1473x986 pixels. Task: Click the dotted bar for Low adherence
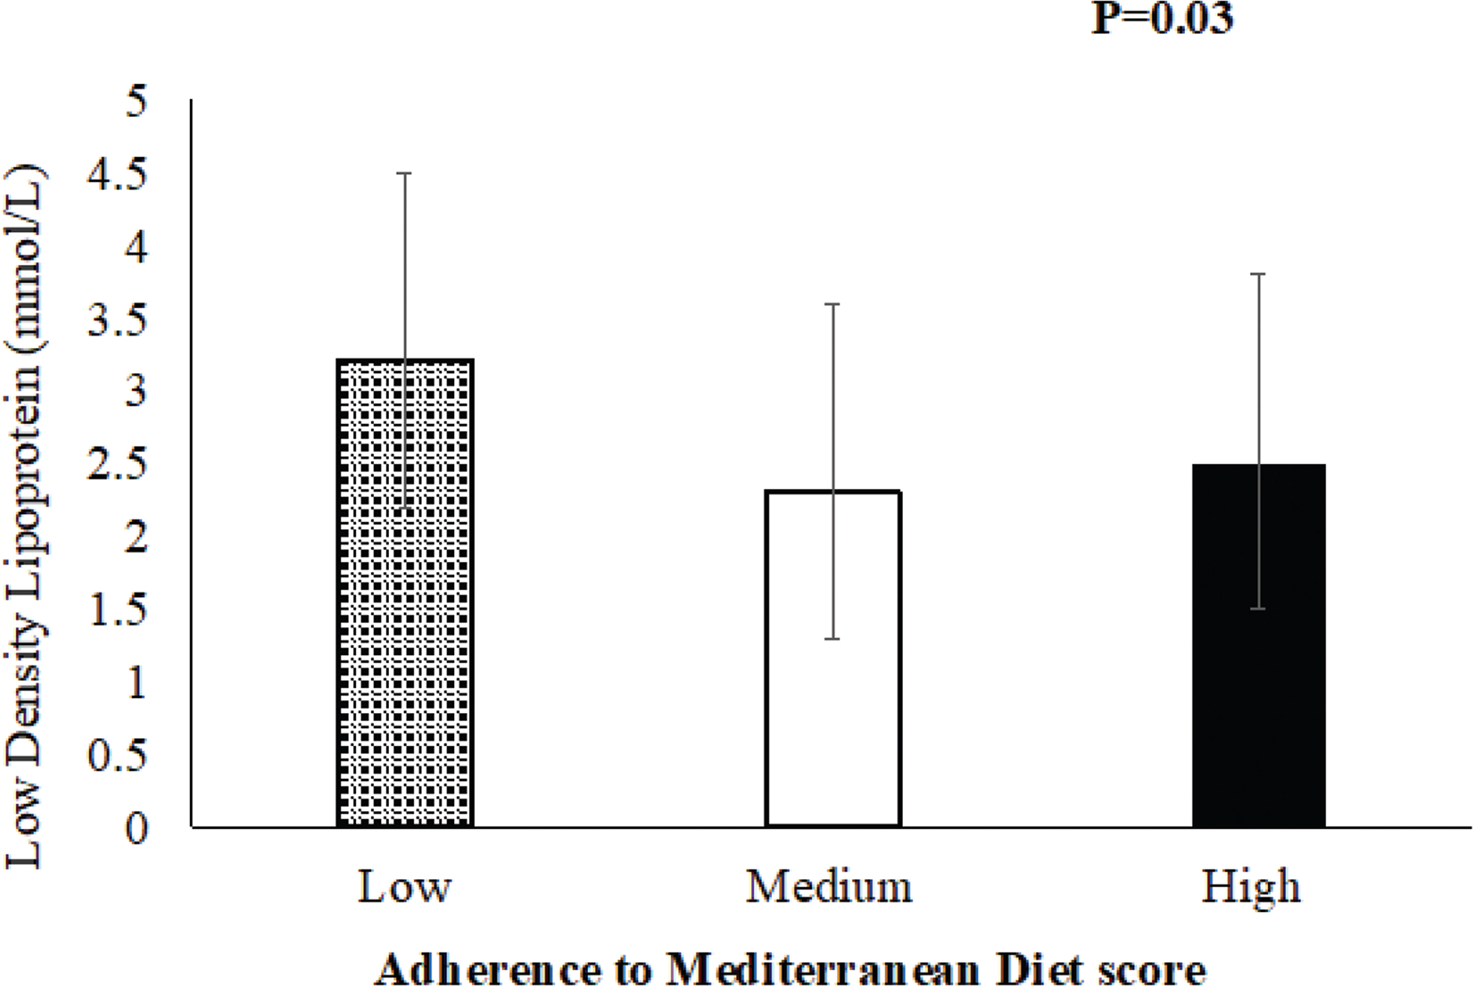coord(405,592)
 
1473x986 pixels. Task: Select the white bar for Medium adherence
coord(833,658)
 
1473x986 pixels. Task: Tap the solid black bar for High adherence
coord(1259,646)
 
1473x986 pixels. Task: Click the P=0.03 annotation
coord(1163,19)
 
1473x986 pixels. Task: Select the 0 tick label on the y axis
coord(136,829)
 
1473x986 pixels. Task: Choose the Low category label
coord(405,887)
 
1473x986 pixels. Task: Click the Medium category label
coord(830,887)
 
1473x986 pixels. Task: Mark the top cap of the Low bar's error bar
coord(405,173)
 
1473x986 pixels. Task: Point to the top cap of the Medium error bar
coord(833,304)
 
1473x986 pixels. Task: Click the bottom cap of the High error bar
coord(1259,609)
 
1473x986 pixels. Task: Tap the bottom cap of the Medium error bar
coord(833,639)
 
